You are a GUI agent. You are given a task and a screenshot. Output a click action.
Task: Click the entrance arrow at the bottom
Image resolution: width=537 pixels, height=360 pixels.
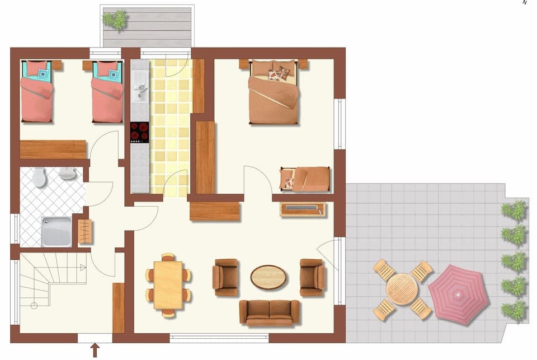click(x=95, y=350)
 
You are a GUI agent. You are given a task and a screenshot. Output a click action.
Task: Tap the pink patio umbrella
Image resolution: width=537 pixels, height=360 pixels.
click(x=458, y=293)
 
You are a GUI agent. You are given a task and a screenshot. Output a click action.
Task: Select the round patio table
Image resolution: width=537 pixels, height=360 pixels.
click(x=402, y=289)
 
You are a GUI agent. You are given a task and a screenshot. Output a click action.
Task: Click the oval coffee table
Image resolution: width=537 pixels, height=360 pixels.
click(x=268, y=277)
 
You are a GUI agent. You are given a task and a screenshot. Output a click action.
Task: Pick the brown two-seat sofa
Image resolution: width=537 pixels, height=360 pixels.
click(x=270, y=312)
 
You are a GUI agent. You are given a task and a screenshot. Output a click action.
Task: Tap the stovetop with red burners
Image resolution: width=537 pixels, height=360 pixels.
click(x=140, y=133)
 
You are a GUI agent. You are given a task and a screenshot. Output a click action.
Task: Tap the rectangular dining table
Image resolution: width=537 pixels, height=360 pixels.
click(x=168, y=285)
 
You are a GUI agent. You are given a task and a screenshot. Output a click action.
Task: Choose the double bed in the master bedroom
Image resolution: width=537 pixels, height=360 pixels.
click(x=274, y=92)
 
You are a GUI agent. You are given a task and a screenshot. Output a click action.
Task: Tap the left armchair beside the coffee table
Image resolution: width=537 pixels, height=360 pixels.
click(x=225, y=277)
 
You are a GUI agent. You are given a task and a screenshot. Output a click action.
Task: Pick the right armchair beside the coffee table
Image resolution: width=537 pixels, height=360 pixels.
click(x=312, y=277)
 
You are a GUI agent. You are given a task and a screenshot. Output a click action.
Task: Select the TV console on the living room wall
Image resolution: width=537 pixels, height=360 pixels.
click(x=303, y=209)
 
